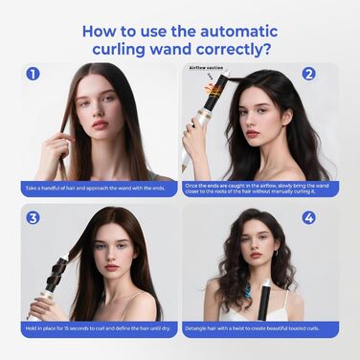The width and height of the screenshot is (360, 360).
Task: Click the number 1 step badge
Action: tap(34, 74)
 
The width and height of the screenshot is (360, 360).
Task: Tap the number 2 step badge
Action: tap(308, 74)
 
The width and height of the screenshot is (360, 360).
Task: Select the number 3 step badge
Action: tap(34, 217)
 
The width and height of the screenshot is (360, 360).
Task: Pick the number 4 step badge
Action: tap(308, 217)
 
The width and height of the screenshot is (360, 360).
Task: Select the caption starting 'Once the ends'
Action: tap(259, 189)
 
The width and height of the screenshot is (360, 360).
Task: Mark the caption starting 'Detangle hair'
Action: tap(259, 331)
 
